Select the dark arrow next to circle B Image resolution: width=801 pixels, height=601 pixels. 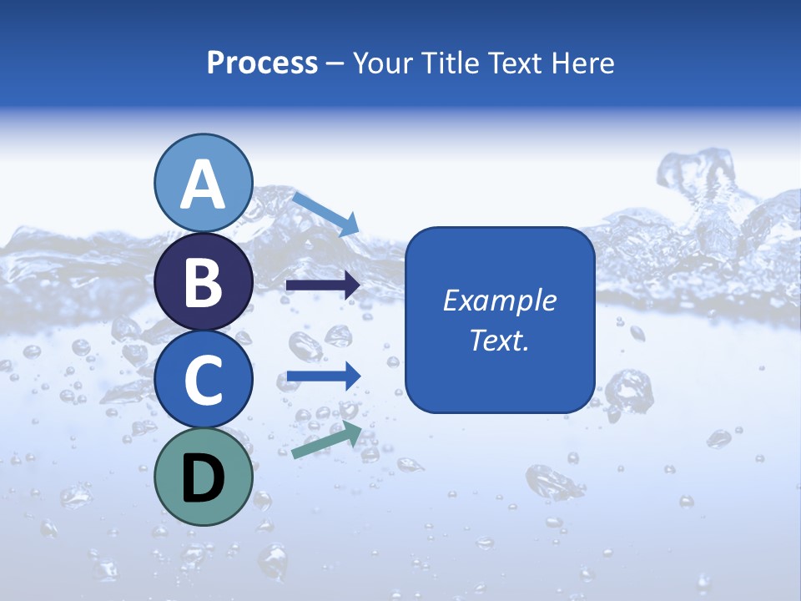(x=323, y=285)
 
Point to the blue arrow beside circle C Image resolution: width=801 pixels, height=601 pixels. (x=323, y=376)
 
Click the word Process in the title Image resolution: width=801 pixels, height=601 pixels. (x=262, y=63)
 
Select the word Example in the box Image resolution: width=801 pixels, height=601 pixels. (x=500, y=300)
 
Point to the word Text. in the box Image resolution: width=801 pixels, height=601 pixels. (x=500, y=341)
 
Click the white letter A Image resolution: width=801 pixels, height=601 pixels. (x=204, y=185)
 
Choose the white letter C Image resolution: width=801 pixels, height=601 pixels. (x=204, y=381)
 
